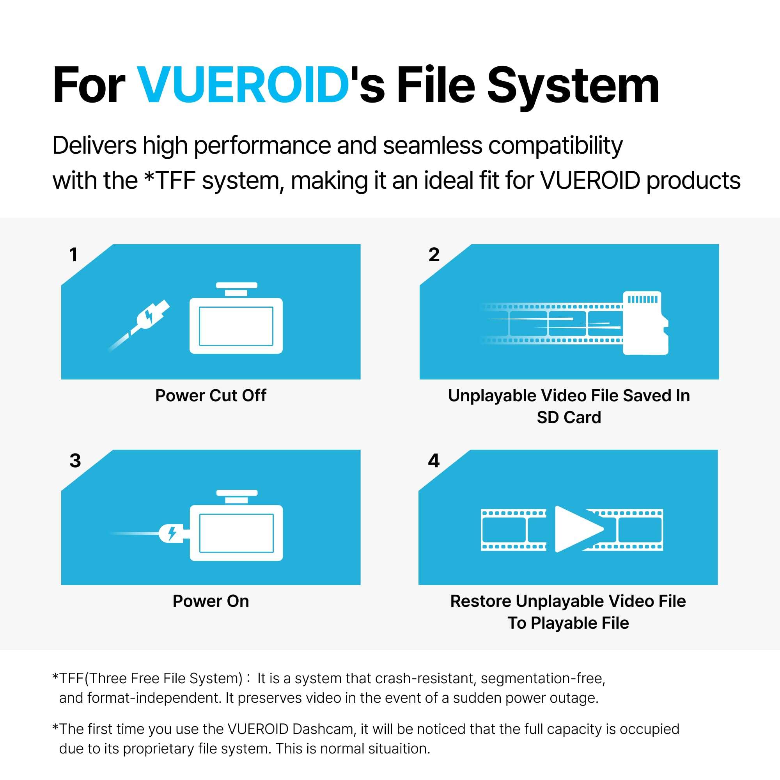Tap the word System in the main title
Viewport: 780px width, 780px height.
point(573,85)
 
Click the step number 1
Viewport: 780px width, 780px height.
point(73,255)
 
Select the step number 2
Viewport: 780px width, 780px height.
point(434,255)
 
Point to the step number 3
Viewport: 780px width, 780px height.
point(75,461)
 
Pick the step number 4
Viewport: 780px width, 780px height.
point(434,461)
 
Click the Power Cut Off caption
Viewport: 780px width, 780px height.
point(211,395)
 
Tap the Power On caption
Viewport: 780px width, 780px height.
point(211,601)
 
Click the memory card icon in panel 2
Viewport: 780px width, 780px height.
point(645,323)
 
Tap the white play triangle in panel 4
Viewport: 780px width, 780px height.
point(576,529)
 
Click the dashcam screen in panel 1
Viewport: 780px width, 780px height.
point(236,326)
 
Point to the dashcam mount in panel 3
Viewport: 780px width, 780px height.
point(237,496)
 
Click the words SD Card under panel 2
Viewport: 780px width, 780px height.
point(569,417)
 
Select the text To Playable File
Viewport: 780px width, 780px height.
point(568,623)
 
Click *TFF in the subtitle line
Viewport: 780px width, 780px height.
point(170,181)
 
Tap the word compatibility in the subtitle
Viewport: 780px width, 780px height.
point(555,145)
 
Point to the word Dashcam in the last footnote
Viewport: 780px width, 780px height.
point(323,729)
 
